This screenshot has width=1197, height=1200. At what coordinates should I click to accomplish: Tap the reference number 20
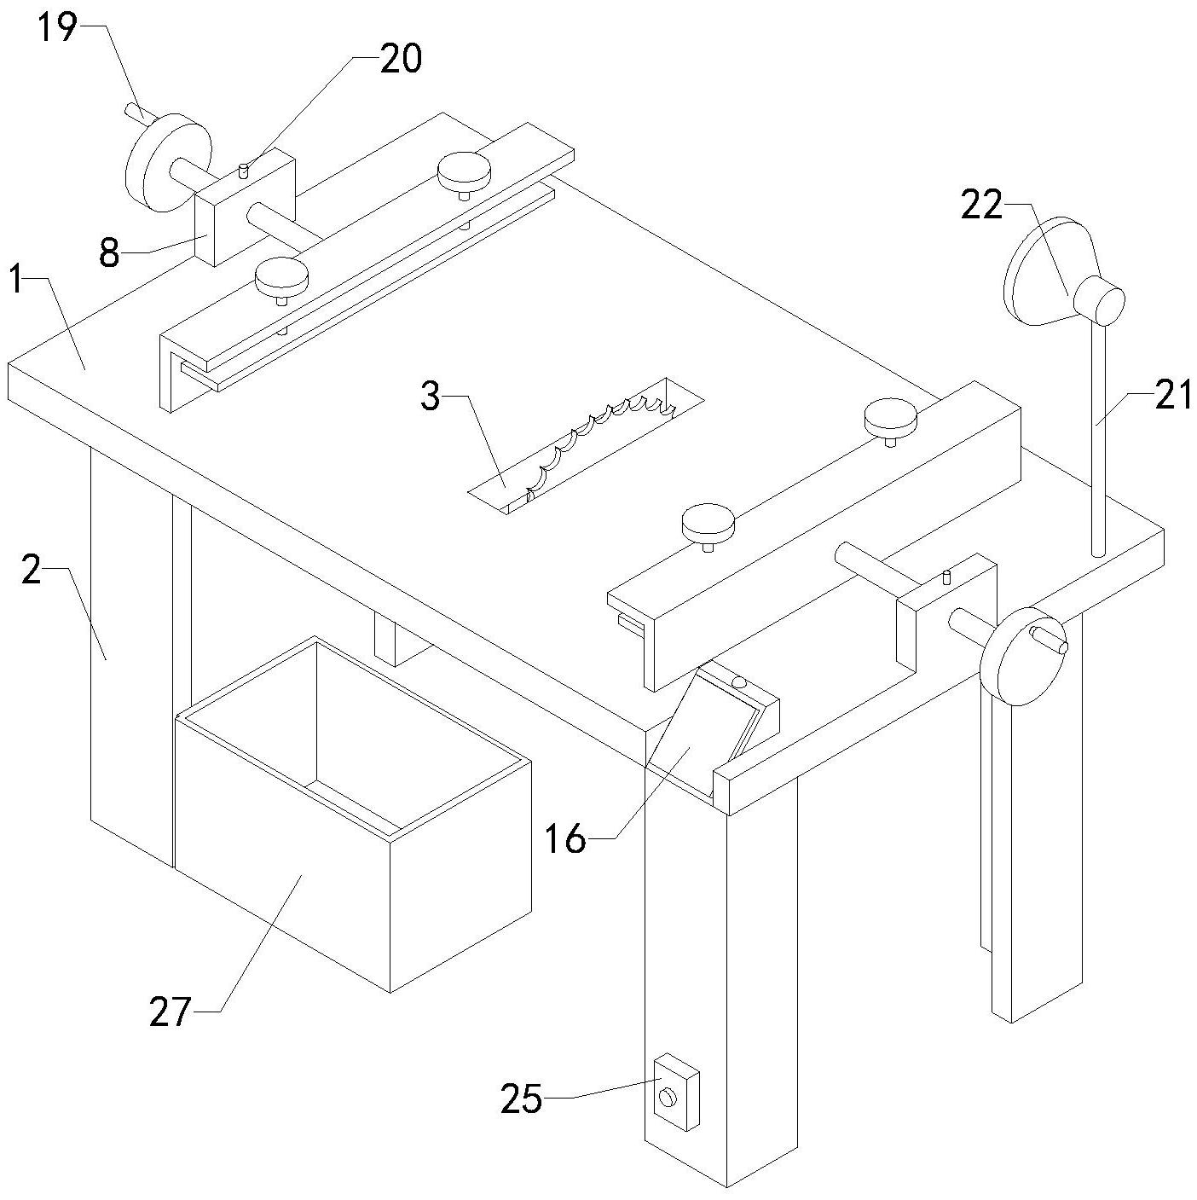(400, 59)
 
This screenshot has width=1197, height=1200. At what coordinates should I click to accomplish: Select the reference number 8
(109, 252)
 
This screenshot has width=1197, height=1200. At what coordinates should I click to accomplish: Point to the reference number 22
(981, 205)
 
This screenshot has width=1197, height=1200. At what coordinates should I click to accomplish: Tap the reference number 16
(565, 840)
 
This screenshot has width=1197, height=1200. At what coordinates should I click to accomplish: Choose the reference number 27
(170, 1012)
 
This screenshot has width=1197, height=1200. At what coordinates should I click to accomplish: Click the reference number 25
(522, 1099)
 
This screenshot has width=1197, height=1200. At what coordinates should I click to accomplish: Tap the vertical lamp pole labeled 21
(1099, 443)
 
